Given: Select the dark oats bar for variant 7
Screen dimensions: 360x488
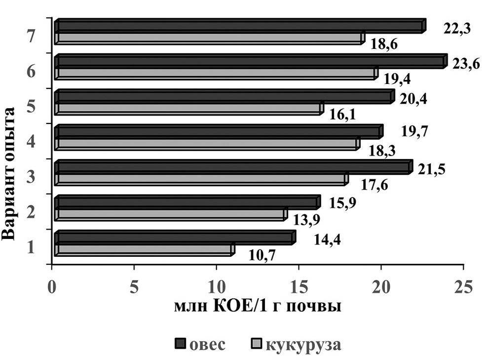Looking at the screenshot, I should point(239,26).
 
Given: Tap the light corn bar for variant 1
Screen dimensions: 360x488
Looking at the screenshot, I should point(143,250).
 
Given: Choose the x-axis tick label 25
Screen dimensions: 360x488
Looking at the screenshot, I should point(462,287).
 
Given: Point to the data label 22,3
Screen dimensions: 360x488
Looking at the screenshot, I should point(455,29).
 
